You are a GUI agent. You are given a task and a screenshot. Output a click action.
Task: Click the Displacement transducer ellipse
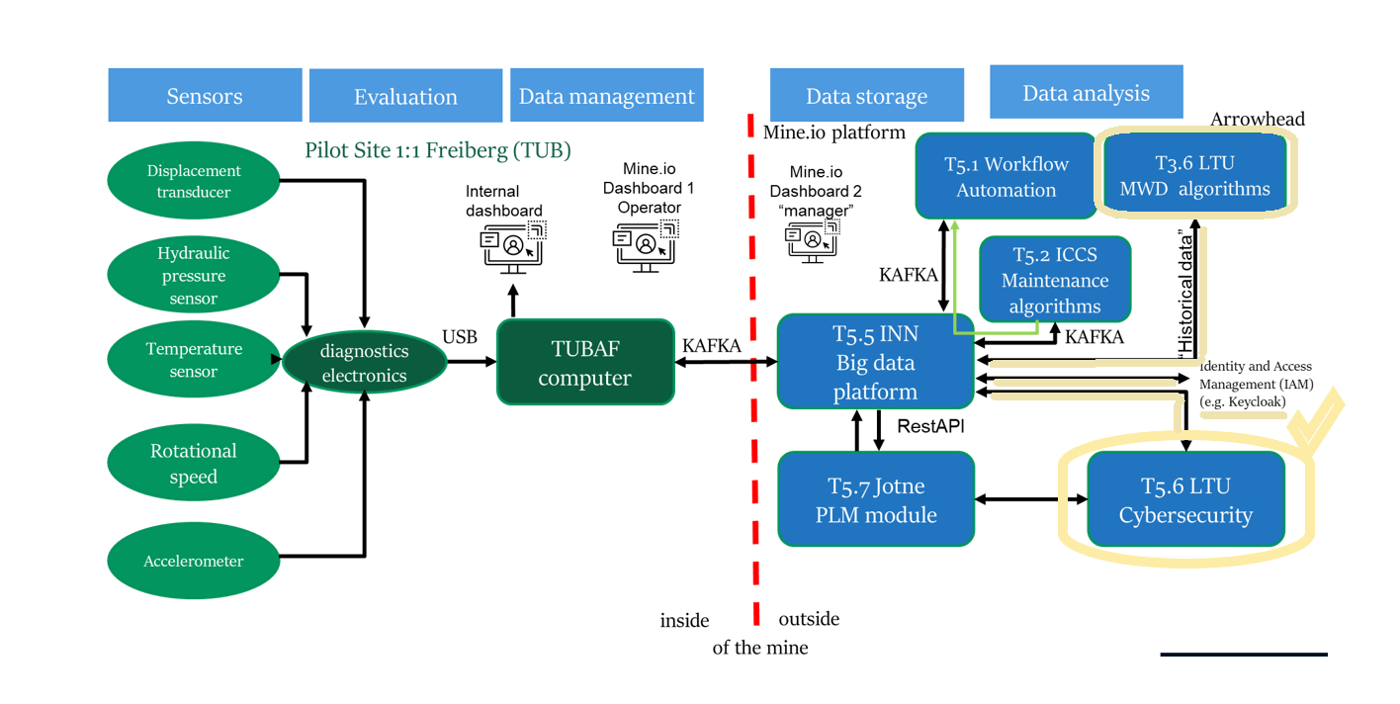(x=194, y=181)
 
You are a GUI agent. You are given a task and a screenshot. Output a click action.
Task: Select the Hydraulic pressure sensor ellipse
(x=194, y=276)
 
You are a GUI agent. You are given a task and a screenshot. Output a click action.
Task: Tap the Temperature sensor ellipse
(x=194, y=360)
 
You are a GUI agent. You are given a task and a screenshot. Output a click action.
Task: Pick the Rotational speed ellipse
(x=194, y=463)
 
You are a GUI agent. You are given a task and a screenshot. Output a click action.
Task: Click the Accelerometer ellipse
(x=194, y=561)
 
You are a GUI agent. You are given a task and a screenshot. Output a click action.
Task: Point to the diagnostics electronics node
(x=363, y=364)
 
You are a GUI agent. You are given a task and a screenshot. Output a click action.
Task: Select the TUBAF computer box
(x=584, y=362)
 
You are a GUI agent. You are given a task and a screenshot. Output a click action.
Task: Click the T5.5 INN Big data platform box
(x=875, y=362)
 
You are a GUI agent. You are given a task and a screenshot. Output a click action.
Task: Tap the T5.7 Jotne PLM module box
(x=876, y=499)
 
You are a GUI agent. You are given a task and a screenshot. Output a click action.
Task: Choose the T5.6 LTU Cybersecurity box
(x=1185, y=500)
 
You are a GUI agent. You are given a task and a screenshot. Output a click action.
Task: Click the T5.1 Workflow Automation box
(x=1006, y=176)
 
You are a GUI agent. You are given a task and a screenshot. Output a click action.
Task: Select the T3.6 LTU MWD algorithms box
(x=1194, y=175)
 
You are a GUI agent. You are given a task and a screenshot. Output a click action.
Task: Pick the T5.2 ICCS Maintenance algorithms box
(x=1054, y=280)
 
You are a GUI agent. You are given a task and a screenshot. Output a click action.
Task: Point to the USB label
(x=460, y=337)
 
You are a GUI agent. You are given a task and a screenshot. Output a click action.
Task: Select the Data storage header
(x=866, y=96)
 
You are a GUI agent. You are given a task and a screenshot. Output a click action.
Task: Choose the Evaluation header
(x=405, y=96)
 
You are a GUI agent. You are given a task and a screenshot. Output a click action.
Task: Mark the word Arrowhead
(x=1258, y=120)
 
